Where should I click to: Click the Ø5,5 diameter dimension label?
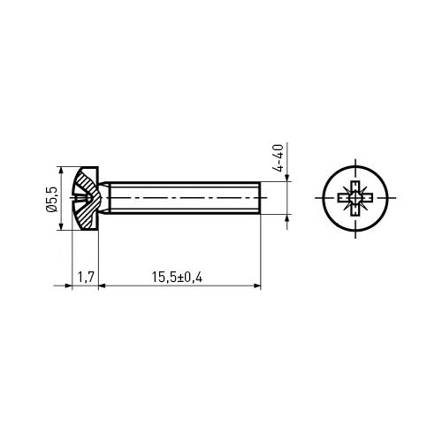tap(51, 198)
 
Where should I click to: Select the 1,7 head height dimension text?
tap(86, 277)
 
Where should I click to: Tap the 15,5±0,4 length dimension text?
tap(177, 277)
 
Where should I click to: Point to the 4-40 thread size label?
tap(278, 157)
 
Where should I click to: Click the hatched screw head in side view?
tap(86, 198)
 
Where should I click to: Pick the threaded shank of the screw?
tap(184, 197)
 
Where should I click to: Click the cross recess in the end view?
tap(355, 198)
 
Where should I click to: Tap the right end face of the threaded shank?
tap(261, 197)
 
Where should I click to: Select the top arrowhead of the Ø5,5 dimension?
tap(61, 171)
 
